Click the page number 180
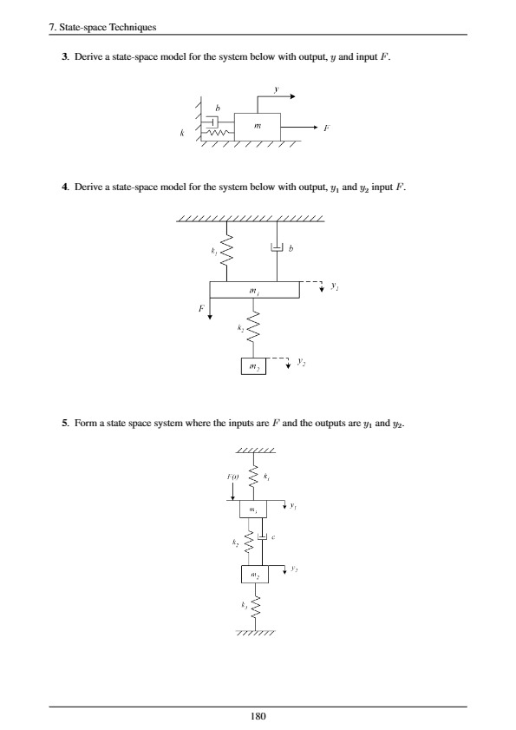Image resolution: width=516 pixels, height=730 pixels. [258, 716]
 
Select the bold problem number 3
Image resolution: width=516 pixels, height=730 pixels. [53, 57]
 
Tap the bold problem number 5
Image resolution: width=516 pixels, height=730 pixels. [53, 424]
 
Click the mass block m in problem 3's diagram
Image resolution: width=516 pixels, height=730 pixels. [258, 127]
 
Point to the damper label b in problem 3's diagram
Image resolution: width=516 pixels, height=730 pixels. [217, 108]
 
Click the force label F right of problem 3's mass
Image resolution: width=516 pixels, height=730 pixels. [325, 128]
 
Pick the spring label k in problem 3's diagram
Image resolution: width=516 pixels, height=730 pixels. [183, 134]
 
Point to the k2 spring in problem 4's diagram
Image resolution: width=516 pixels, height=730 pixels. [253, 329]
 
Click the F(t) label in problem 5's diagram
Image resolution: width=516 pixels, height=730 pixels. [232, 477]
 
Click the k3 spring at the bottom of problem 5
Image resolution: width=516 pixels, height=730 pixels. [254, 605]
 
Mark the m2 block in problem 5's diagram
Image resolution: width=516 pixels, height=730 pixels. [254, 575]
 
